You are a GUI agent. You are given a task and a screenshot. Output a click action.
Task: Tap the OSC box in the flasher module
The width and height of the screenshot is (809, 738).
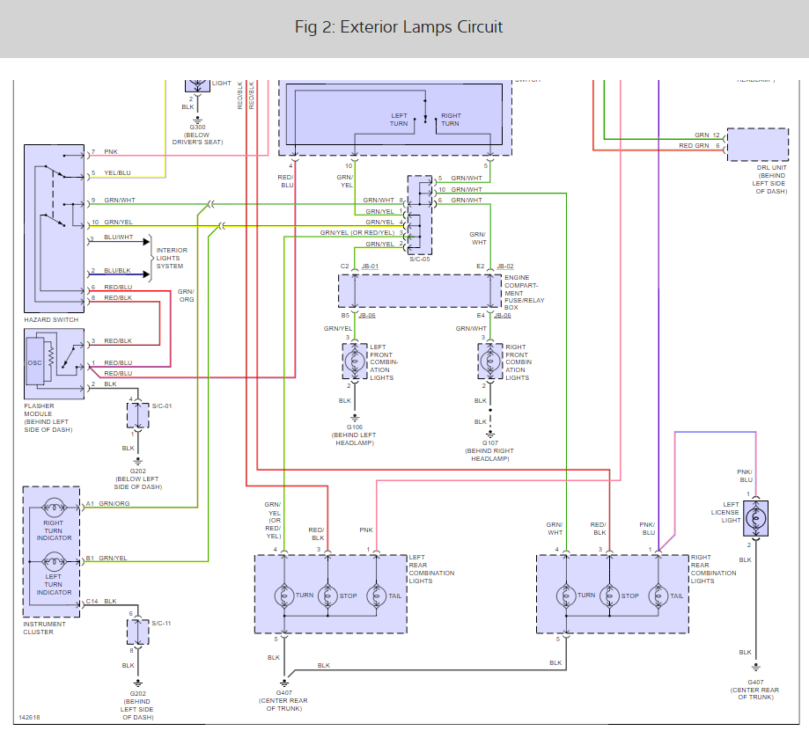click(x=35, y=362)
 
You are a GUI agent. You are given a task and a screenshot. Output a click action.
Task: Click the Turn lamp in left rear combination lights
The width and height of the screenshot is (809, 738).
click(x=284, y=596)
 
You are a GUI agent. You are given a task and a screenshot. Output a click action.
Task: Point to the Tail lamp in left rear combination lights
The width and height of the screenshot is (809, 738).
click(x=376, y=596)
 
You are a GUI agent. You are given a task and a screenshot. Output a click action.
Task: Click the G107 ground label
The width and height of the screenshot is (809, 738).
click(x=489, y=443)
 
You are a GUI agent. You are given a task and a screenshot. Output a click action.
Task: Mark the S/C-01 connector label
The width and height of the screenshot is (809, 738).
click(x=162, y=406)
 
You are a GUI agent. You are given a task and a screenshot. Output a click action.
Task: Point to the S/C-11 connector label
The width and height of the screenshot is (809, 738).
click(x=162, y=623)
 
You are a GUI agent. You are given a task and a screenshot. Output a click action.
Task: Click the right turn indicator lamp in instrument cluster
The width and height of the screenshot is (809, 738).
click(x=53, y=508)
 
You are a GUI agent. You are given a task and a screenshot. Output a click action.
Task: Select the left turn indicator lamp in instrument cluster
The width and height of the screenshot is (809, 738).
click(x=53, y=561)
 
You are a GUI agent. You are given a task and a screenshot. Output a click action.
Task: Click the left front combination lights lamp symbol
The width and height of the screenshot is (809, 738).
click(x=355, y=361)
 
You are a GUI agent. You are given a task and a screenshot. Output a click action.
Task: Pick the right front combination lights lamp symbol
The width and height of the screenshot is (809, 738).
click(x=490, y=361)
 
